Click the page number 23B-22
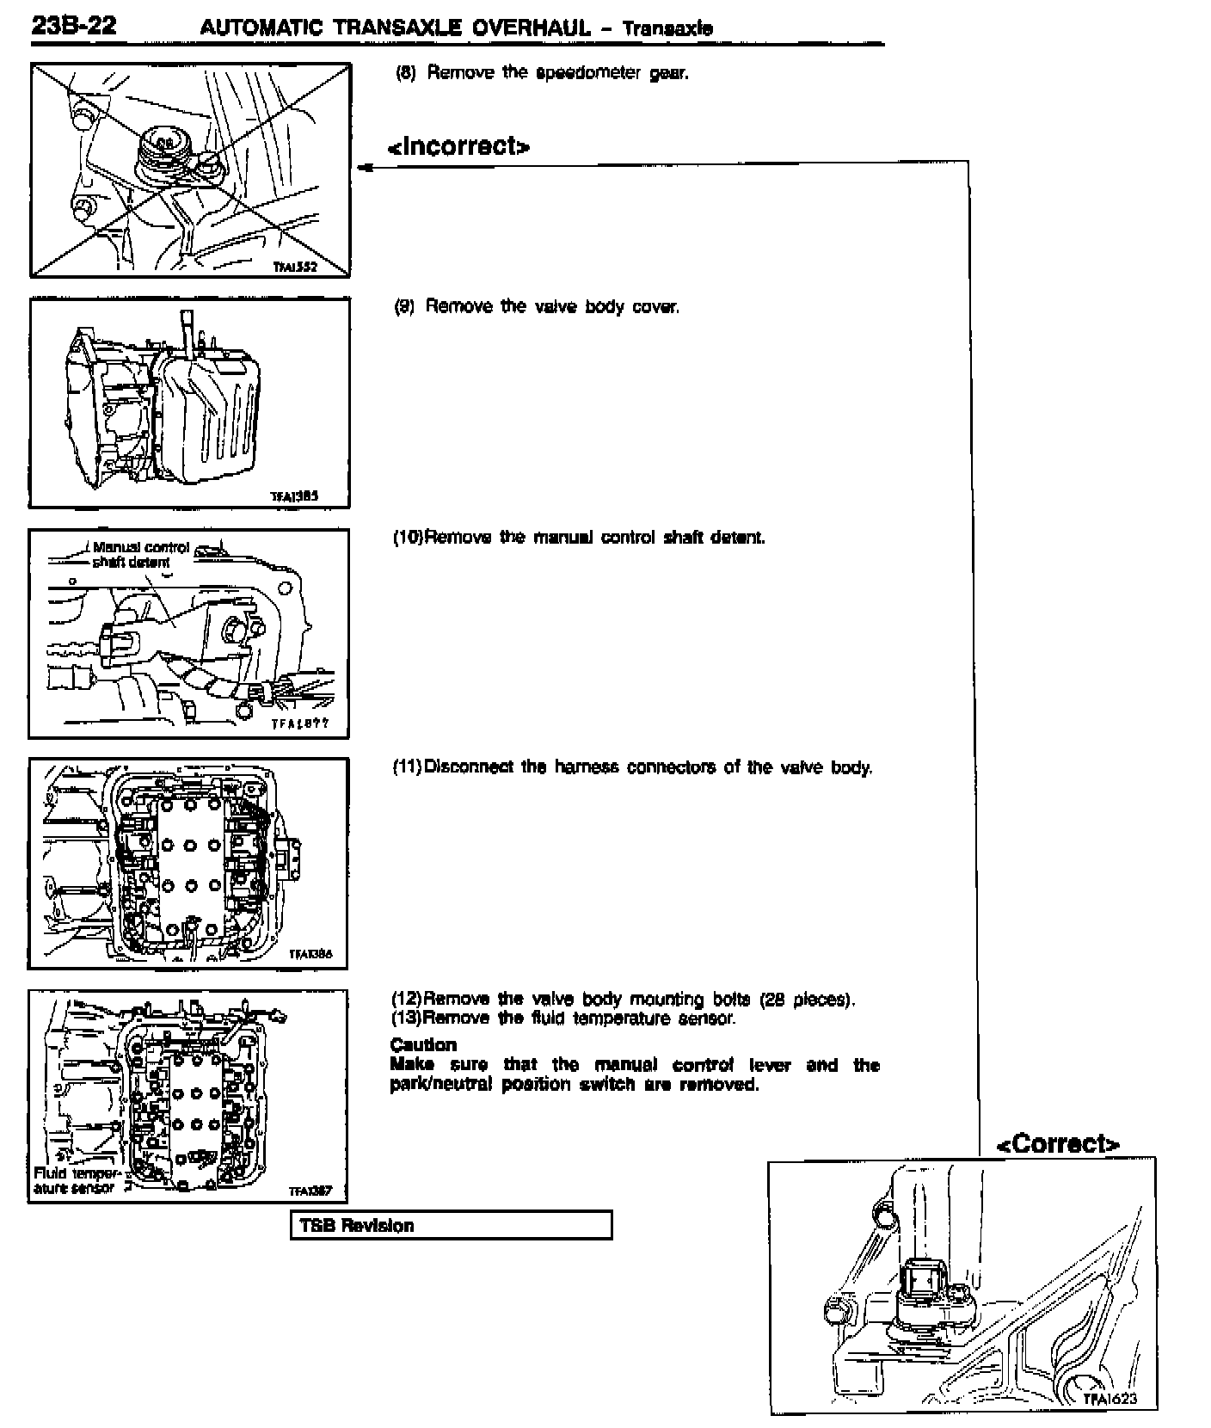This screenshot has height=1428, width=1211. pyautogui.click(x=73, y=26)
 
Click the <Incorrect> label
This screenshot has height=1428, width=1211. pyautogui.click(x=458, y=146)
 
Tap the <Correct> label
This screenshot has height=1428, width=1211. pyautogui.click(x=1057, y=1143)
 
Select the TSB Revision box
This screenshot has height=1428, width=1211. pyautogui.click(x=452, y=1225)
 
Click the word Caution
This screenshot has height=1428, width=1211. pyautogui.click(x=423, y=1045)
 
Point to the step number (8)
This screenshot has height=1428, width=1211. pyautogui.click(x=405, y=73)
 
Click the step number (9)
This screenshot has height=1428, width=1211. pyautogui.click(x=404, y=307)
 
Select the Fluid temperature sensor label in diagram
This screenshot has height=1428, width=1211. pyautogui.click(x=76, y=1180)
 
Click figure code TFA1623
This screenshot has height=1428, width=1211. pyautogui.click(x=1109, y=1399)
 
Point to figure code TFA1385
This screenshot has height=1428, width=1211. pyautogui.click(x=294, y=496)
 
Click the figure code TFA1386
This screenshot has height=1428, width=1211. pyautogui.click(x=310, y=953)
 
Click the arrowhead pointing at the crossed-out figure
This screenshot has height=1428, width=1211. pyautogui.click(x=365, y=168)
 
